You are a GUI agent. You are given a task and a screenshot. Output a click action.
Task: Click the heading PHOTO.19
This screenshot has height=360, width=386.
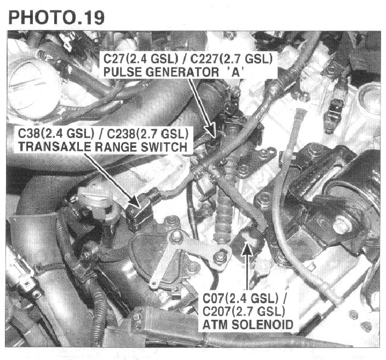[x=56, y=18]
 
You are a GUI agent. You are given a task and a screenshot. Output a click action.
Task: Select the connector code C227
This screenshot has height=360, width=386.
[x=204, y=59]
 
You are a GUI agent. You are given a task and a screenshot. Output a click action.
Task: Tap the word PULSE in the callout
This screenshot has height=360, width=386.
[x=122, y=72]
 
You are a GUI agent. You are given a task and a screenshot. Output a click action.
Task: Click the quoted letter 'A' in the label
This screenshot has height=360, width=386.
[x=235, y=72]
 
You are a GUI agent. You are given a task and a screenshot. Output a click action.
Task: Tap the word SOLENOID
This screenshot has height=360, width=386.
[x=263, y=324]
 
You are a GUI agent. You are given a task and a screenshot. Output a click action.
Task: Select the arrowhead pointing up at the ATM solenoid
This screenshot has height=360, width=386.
[x=247, y=248]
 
